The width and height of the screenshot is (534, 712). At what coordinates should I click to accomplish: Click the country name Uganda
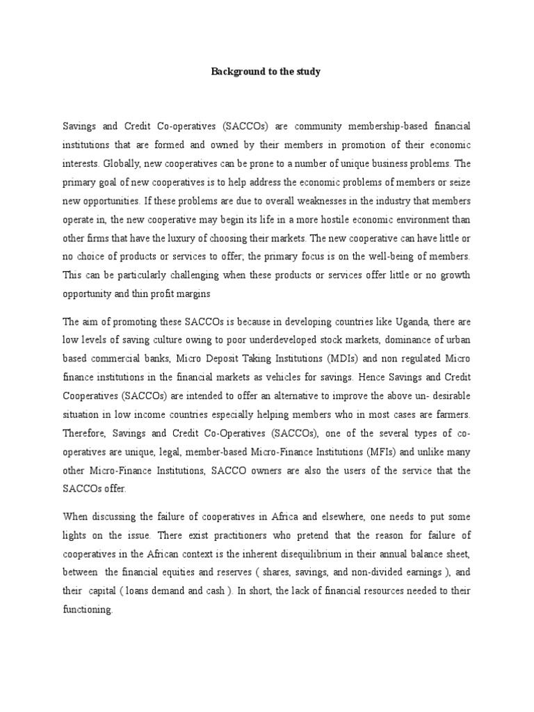410,321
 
